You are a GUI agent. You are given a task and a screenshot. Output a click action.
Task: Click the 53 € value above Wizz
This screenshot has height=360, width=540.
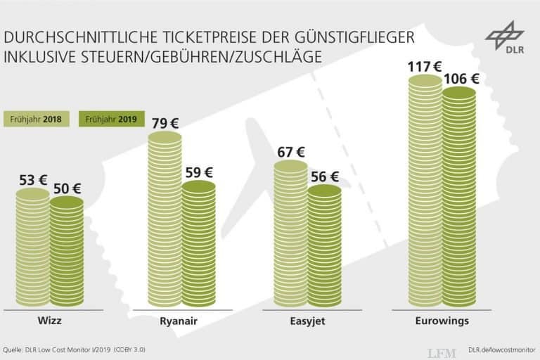point(32,181)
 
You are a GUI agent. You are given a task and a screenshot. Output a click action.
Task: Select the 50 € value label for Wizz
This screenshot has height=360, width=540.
point(67,188)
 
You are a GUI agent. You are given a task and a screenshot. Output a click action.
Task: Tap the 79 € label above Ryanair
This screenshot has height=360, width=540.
point(165,124)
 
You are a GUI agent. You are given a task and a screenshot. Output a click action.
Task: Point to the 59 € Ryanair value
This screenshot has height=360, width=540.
point(199,172)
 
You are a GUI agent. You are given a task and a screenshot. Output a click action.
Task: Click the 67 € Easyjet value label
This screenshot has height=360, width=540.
point(290,151)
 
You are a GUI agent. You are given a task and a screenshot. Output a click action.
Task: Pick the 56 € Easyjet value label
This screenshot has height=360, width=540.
point(324,176)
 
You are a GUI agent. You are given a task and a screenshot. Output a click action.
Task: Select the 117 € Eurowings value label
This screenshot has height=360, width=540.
point(425,67)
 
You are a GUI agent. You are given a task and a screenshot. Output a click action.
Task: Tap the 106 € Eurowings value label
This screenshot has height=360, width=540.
point(461,78)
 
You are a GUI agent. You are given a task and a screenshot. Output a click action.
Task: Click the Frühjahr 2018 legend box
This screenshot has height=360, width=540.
point(37,119)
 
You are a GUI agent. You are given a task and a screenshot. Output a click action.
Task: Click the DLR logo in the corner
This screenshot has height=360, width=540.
point(504,38)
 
